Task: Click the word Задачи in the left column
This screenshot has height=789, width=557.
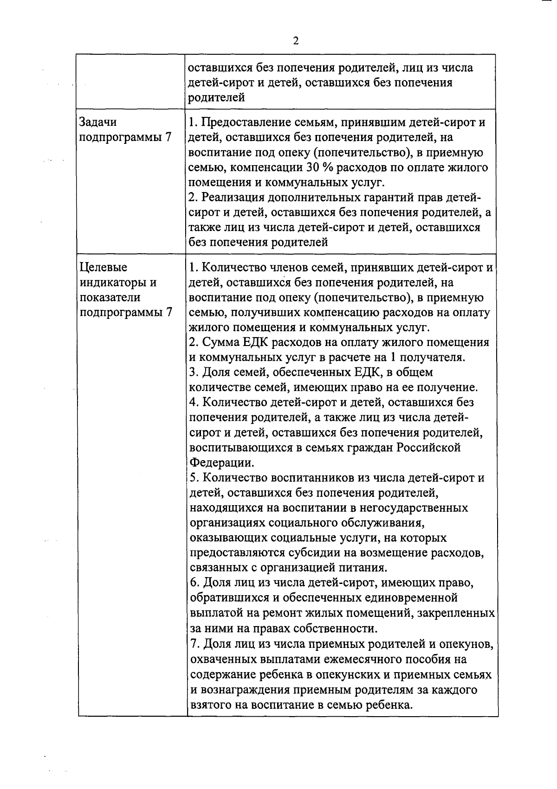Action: [98, 122]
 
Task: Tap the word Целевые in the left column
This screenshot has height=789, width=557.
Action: [101, 268]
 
